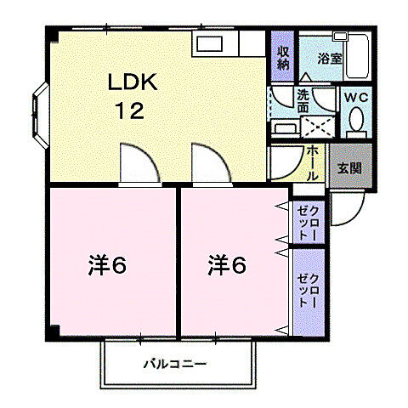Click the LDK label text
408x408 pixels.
133,82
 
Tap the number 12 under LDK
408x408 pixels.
130,110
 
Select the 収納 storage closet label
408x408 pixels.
283,58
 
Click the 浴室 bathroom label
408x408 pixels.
330,59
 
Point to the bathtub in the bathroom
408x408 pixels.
357,57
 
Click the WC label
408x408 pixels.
356,98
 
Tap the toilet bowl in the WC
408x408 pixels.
356,119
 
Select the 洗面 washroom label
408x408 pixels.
303,101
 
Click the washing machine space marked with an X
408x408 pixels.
317,127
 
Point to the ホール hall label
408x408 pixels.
313,162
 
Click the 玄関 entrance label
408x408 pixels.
350,168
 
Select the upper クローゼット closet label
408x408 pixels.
309,224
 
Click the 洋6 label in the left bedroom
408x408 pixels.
107,264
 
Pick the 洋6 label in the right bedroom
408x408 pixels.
227,264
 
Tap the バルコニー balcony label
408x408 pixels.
175,364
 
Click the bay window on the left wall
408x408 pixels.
40,116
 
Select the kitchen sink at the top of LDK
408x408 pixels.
209,44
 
